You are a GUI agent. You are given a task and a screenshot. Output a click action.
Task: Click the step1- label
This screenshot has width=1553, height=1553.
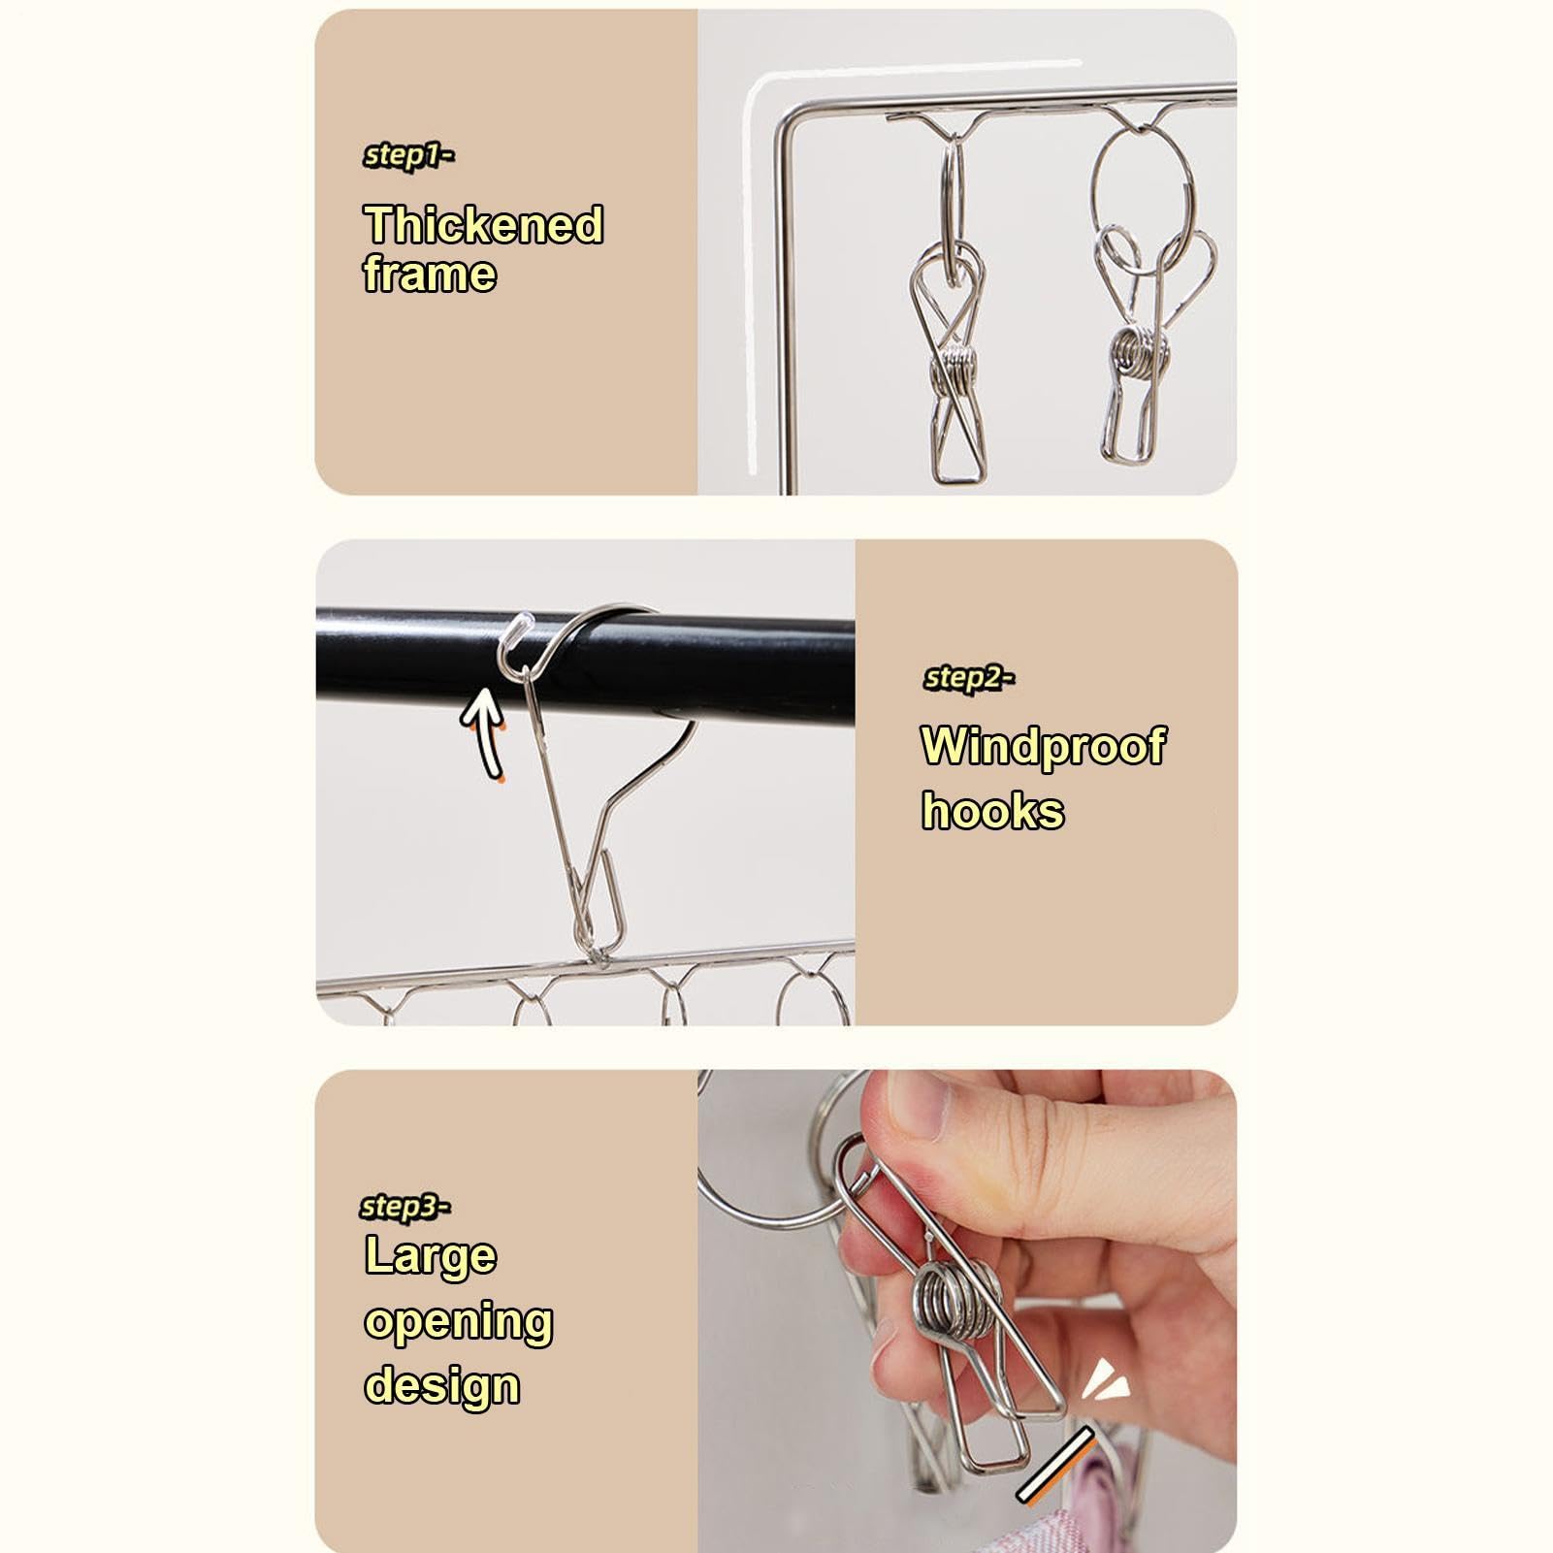coord(408,155)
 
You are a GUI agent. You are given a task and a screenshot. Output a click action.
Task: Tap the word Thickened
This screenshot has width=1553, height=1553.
coord(483,225)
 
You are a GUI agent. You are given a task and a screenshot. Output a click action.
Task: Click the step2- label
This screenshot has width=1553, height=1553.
coord(969,678)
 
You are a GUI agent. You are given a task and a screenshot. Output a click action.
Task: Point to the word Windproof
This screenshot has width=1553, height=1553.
coord(1044,747)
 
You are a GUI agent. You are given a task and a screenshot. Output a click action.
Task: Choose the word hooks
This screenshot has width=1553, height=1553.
coord(992,810)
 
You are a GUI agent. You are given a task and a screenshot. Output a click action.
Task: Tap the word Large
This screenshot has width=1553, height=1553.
coord(431,1256)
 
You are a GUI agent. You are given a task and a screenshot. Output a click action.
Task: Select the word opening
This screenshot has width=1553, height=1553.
coord(458,1323)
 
